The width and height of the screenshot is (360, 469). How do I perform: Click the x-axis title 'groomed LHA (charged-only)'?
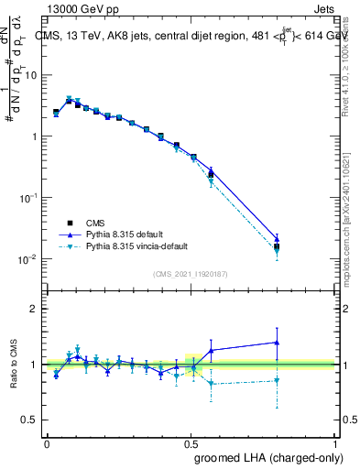coord(272,457)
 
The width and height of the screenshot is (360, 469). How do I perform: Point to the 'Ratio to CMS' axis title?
coord(14,365)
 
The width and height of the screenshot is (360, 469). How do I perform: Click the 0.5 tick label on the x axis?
coord(190,443)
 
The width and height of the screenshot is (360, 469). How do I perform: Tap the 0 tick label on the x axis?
coord(47,443)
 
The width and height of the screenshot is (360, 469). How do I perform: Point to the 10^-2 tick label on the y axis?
coord(28,259)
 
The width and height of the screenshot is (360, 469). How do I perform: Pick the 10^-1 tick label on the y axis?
coord(28,198)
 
